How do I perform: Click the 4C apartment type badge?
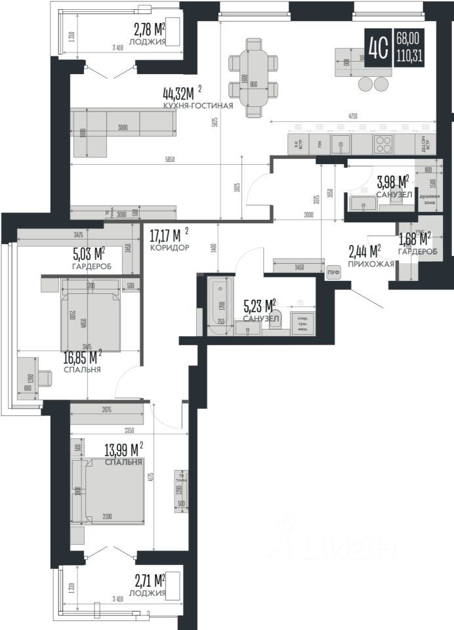point(379,47)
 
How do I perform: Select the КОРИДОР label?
point(169,248)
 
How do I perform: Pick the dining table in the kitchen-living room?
point(254,80)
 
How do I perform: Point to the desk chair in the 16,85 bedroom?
point(45,378)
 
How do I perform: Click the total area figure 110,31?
point(409,56)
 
